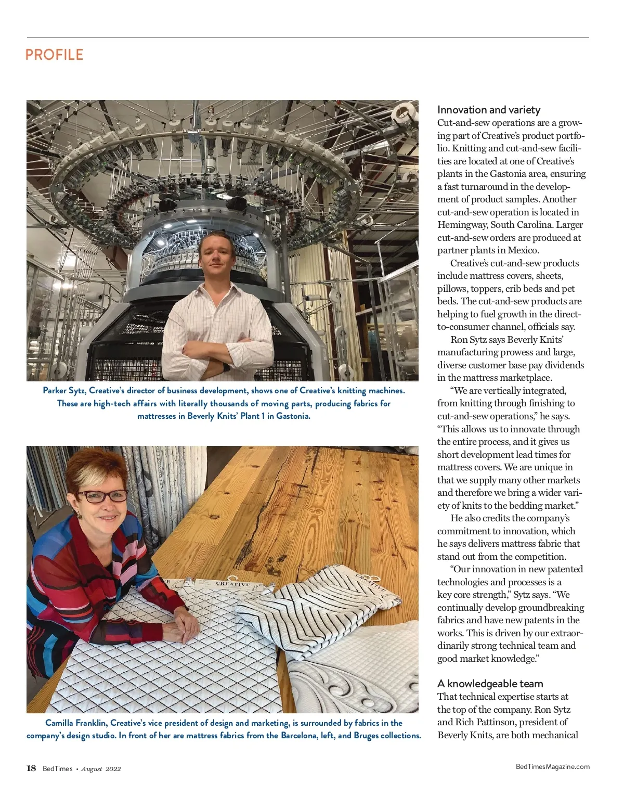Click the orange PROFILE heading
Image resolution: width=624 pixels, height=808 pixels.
54,55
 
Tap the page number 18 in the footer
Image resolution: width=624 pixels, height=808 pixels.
31,768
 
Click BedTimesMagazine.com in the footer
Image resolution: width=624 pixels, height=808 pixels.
552,766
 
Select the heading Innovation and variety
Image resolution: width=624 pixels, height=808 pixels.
488,110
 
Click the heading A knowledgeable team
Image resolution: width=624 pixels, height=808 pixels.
490,684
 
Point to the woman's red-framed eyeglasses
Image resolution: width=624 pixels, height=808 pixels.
102,496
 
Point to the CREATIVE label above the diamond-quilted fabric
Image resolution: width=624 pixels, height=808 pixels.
232,584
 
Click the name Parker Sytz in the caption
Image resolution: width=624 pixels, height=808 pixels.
63,391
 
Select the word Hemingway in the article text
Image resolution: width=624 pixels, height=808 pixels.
462,225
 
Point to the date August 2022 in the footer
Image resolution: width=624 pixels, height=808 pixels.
101,769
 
